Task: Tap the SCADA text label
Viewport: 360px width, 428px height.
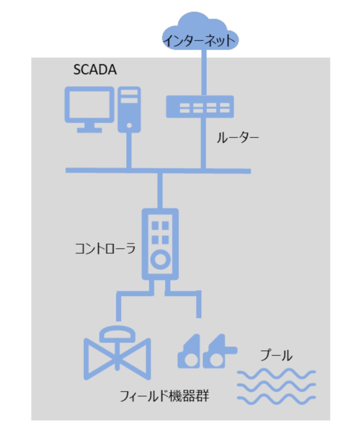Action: (95, 70)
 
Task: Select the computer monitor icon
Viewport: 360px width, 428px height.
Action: (89, 110)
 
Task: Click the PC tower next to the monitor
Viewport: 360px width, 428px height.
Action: (129, 110)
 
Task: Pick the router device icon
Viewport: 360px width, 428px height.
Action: (200, 107)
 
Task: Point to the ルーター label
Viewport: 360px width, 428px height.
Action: (238, 138)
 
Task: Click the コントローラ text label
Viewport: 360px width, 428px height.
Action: (105, 248)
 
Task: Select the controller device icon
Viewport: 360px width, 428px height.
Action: (160, 244)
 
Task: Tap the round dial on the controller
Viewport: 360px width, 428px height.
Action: (161, 260)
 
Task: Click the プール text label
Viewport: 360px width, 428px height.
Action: (276, 356)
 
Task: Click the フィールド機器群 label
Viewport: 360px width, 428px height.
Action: (164, 396)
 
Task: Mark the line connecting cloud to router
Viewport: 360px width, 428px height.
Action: (204, 72)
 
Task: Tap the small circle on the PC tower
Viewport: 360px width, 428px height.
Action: (129, 125)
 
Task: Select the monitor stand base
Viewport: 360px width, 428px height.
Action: (89, 130)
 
